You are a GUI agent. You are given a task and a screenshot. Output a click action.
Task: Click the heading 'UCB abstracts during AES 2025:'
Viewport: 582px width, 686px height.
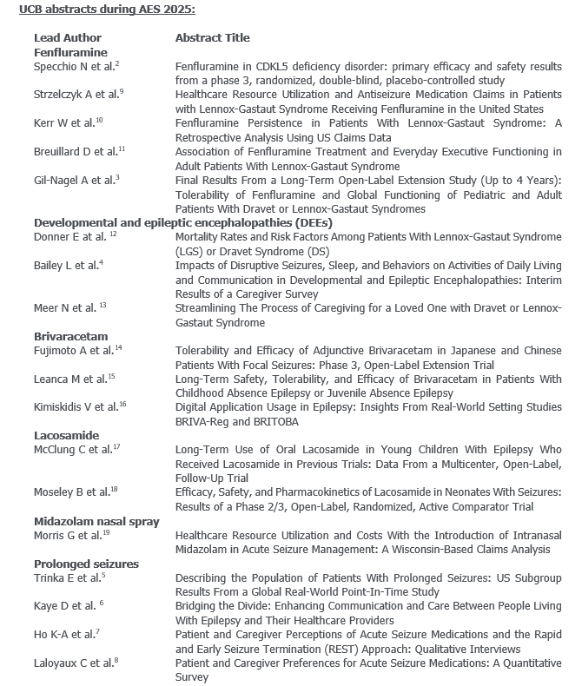(103, 10)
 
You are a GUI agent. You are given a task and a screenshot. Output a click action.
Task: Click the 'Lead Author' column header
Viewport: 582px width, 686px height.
(68, 38)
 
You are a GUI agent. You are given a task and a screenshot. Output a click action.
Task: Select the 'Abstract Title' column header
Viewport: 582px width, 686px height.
(213, 38)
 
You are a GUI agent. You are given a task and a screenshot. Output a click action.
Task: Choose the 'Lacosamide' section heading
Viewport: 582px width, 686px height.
(66, 435)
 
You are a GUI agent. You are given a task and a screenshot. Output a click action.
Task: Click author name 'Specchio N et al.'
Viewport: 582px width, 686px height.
(74, 67)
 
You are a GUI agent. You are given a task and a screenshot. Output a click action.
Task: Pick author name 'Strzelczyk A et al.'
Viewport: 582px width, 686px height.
(77, 95)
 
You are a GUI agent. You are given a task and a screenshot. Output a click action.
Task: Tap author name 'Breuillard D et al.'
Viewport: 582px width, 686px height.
(76, 152)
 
